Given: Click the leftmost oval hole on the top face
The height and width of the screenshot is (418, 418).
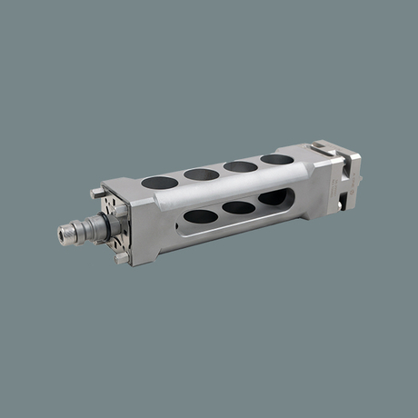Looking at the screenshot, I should (159, 182).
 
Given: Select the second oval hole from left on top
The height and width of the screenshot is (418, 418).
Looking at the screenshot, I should (201, 174).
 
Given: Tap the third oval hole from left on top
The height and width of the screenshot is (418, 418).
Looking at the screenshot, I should (240, 166).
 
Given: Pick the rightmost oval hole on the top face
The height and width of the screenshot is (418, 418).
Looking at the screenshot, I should (276, 159).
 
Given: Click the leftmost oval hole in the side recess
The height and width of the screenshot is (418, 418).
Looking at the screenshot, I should (201, 216).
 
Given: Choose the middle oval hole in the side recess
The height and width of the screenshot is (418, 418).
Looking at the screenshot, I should (238, 207).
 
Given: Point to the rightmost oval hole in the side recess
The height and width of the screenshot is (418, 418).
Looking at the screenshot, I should (272, 197).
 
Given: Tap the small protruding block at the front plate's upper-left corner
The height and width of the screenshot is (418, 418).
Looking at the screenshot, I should (97, 193).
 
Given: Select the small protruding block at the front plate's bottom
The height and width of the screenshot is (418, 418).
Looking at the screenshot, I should (122, 258).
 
